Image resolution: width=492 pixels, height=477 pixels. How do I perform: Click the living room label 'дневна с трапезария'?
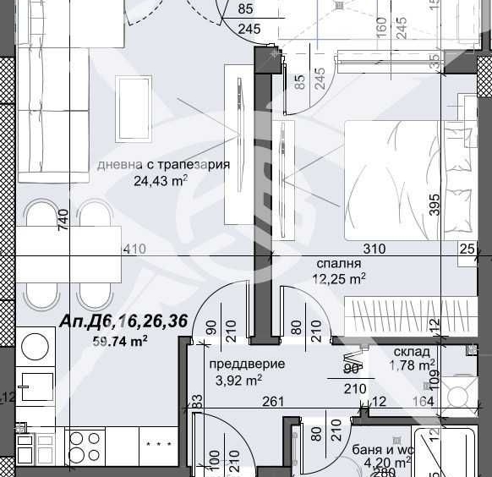[163, 165]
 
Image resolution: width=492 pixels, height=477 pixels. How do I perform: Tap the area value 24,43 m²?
[160, 180]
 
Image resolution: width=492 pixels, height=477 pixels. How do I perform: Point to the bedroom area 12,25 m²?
[339, 277]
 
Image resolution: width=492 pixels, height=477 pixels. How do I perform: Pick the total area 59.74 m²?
[120, 341]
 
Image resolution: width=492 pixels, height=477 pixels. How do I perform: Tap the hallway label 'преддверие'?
[246, 364]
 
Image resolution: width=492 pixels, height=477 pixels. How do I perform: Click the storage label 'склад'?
[412, 352]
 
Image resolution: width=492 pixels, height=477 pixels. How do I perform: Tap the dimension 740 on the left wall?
[63, 222]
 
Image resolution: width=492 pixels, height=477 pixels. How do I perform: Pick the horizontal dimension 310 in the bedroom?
[374, 249]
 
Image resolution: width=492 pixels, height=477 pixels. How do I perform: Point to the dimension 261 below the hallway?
[271, 402]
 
